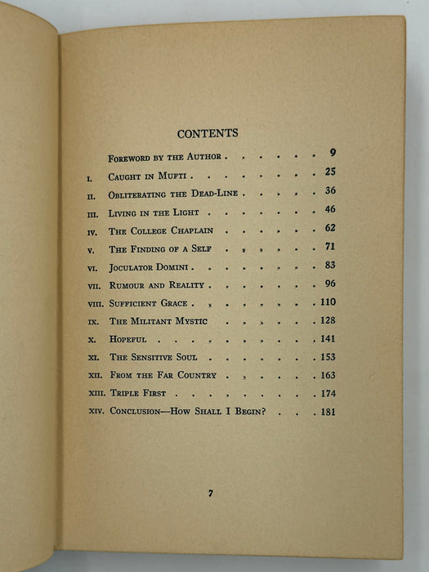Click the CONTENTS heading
click(207, 133)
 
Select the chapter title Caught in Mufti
click(146, 176)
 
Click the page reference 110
click(328, 303)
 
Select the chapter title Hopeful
click(131, 339)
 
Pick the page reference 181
click(328, 412)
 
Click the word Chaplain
click(192, 230)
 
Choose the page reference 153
click(328, 357)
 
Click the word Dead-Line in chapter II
click(212, 194)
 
